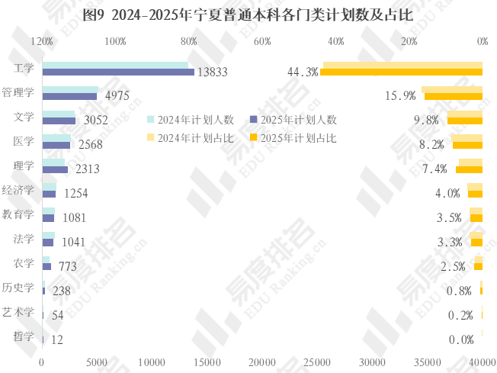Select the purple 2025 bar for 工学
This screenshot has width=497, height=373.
click(x=118, y=72)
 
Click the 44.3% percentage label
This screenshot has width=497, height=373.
click(x=302, y=72)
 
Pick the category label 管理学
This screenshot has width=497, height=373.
click(x=18, y=92)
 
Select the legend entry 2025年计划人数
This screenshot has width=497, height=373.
click(x=293, y=120)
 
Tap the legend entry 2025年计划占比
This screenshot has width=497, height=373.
click(x=293, y=138)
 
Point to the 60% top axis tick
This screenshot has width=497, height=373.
click(x=263, y=41)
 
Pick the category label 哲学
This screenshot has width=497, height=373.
click(x=24, y=336)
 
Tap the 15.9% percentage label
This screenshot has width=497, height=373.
click(x=400, y=96)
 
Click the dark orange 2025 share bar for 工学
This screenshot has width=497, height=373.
click(x=401, y=72)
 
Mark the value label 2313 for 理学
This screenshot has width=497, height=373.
click(x=88, y=169)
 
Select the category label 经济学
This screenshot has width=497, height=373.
click(x=18, y=190)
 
